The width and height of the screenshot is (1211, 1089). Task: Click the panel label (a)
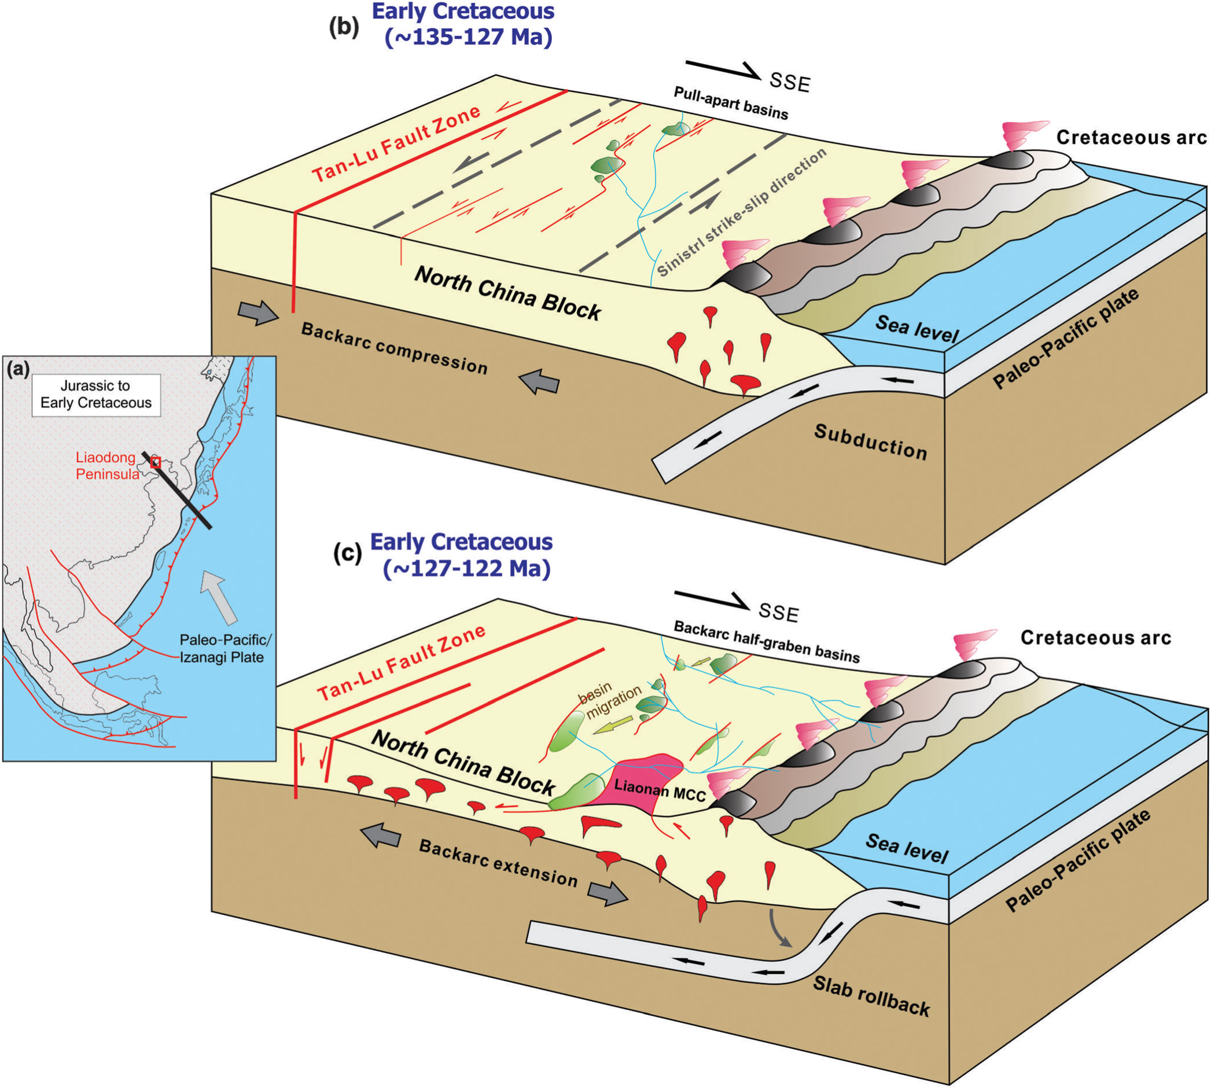(x=17, y=369)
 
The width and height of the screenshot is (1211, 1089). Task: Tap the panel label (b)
(x=344, y=29)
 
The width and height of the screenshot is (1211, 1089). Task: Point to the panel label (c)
(x=347, y=554)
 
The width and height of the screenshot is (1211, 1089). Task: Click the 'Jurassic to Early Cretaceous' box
(x=95, y=394)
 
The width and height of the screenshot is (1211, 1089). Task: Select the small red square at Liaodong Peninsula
(x=156, y=462)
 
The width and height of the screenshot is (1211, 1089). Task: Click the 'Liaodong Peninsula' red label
(x=106, y=466)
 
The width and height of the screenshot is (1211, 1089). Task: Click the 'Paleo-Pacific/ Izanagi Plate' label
(x=225, y=649)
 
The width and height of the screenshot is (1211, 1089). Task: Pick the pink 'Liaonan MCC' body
(x=646, y=778)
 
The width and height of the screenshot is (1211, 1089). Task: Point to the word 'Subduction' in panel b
(x=871, y=442)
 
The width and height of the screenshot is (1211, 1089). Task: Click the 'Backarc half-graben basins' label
(x=767, y=642)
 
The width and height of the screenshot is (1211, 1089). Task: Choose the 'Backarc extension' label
(x=498, y=863)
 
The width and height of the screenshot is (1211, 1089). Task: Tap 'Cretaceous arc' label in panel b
(x=1131, y=138)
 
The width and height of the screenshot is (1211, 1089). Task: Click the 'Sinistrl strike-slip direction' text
(x=742, y=212)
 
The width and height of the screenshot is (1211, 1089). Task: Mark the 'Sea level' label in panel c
(x=907, y=848)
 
